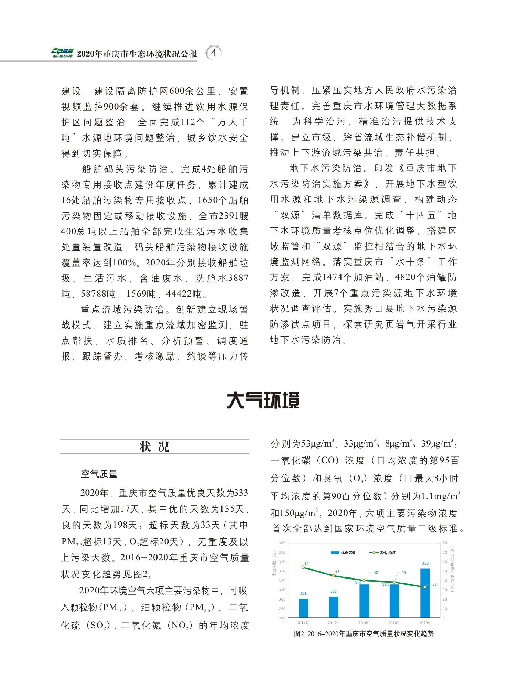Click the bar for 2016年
point(303,608)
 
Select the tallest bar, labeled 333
point(425,593)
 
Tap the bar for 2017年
point(333,607)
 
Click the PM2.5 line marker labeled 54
point(303,567)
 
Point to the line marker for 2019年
point(394,582)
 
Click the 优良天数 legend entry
point(342,552)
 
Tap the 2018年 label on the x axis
point(364,623)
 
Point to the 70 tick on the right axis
point(444,552)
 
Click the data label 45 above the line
point(337,572)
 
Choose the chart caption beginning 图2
point(364,634)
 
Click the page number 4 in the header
point(214,53)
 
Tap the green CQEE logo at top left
point(62,52)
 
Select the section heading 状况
point(154,447)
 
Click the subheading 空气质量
point(99,474)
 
